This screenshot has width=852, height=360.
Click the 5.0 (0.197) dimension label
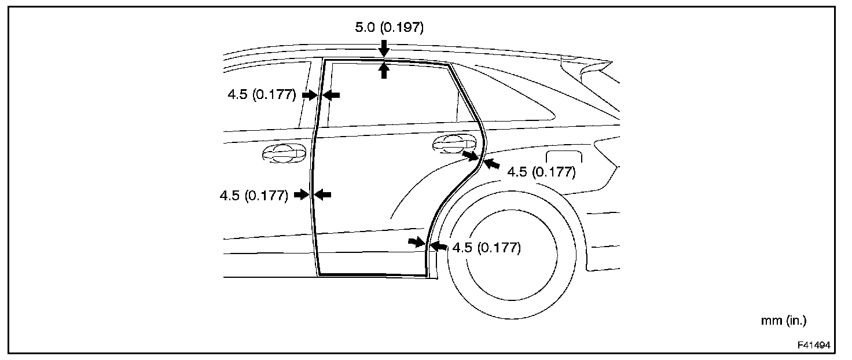[389, 27]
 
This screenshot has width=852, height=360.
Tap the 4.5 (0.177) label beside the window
[262, 95]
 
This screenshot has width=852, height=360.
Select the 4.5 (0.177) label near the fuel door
[541, 172]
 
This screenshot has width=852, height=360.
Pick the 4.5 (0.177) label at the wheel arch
[487, 248]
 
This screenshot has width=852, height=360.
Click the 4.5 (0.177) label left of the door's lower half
[254, 196]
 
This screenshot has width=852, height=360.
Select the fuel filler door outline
[564, 157]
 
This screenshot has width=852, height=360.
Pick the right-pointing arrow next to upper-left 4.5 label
[310, 95]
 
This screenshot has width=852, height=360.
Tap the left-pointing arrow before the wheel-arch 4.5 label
[439, 247]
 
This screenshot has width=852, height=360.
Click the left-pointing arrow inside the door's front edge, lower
[323, 195]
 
